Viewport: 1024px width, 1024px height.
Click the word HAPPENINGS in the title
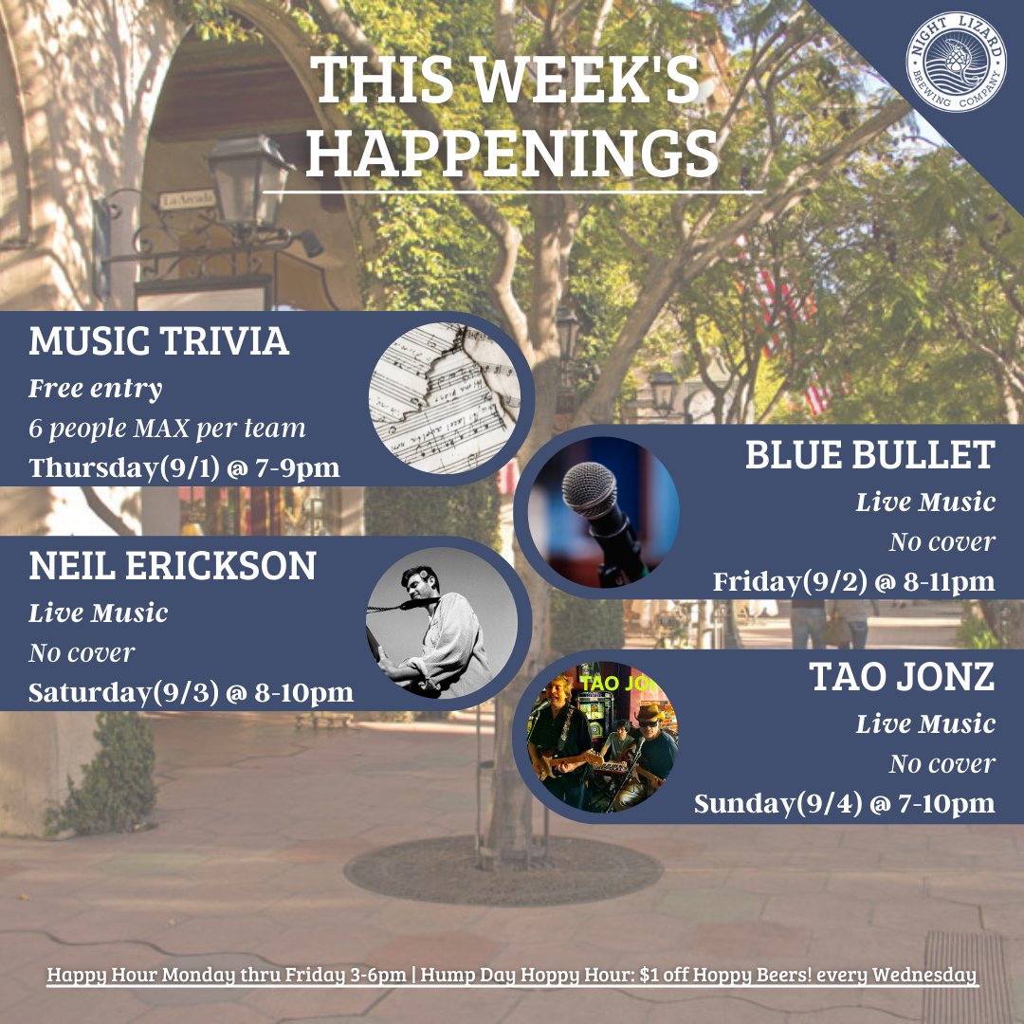[511, 154]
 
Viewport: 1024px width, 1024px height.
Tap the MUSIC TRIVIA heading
[158, 341]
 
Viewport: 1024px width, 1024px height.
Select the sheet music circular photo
[444, 398]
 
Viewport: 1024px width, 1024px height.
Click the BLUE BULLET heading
[869, 456]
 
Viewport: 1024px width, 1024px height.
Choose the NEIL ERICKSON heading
[173, 566]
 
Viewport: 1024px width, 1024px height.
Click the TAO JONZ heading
[902, 677]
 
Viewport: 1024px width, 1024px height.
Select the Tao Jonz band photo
[603, 737]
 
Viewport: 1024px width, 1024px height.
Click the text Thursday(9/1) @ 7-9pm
[184, 468]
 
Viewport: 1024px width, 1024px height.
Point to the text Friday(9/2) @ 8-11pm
[853, 581]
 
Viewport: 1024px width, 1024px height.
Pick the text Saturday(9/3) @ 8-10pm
[191, 692]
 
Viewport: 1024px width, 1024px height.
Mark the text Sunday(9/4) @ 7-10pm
[844, 804]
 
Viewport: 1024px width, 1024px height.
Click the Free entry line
[95, 389]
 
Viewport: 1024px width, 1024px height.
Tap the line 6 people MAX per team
[167, 429]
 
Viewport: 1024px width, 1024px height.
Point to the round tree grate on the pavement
[503, 869]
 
